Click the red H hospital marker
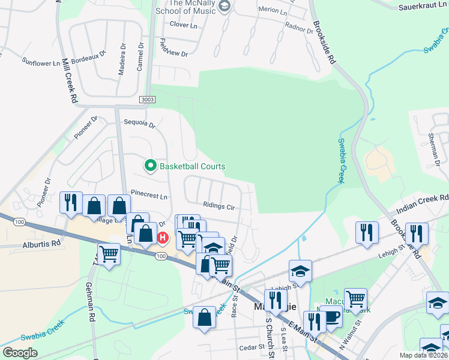click(x=163, y=239)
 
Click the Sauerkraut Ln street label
click(x=423, y=7)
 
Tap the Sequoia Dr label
click(x=139, y=124)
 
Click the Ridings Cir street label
click(x=218, y=206)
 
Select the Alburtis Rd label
click(x=42, y=244)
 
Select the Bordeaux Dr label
click(x=94, y=59)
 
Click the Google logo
click(x=20, y=353)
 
